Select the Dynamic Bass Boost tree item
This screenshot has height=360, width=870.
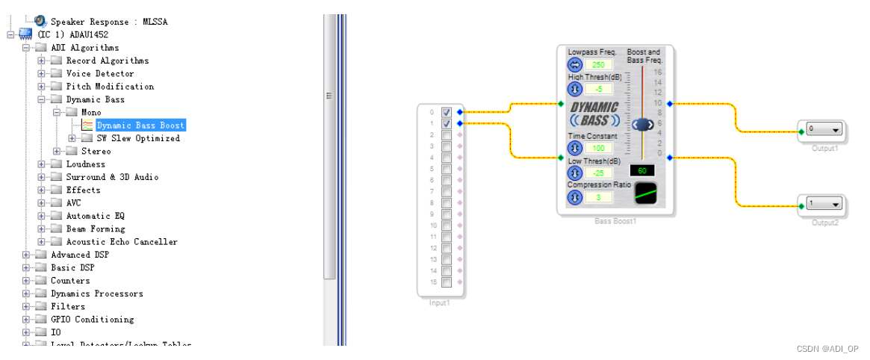click(x=140, y=125)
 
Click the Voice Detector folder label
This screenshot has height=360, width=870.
click(x=100, y=73)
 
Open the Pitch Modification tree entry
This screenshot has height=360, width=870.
click(x=110, y=87)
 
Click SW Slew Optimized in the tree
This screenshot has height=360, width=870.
click(x=138, y=138)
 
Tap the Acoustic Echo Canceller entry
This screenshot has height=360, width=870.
click(x=122, y=242)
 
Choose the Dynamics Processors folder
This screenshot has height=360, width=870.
click(x=96, y=294)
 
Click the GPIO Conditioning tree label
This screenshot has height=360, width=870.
click(x=92, y=320)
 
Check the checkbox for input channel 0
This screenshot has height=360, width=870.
click(x=447, y=112)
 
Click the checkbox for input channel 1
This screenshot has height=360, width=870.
click(x=447, y=123)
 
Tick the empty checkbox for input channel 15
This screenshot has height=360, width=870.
click(x=447, y=282)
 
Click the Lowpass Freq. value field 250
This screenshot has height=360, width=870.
click(x=597, y=65)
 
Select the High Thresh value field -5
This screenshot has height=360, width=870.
click(x=597, y=89)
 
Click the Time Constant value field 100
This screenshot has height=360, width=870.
click(x=597, y=148)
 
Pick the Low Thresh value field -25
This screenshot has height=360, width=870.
click(x=597, y=173)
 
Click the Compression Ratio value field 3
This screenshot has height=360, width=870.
click(x=597, y=197)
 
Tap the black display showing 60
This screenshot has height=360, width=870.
click(x=641, y=170)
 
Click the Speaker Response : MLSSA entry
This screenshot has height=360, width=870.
click(x=108, y=22)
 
